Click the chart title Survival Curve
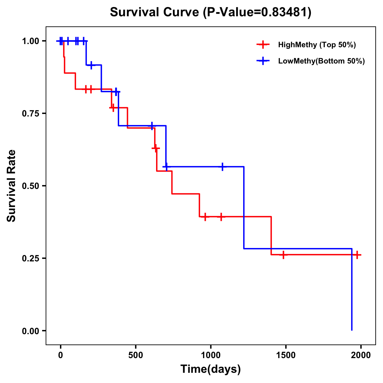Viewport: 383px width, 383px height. click(x=210, y=12)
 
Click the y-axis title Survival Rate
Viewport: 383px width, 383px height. click(x=11, y=186)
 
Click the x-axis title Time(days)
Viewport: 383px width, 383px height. click(x=211, y=369)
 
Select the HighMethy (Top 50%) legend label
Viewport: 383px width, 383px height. click(x=317, y=45)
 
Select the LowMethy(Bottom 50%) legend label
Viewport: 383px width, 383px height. click(x=321, y=61)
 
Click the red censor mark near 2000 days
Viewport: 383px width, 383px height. click(x=357, y=255)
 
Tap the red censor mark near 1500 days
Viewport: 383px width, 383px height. click(x=283, y=255)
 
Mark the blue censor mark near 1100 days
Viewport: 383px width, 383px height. click(x=222, y=167)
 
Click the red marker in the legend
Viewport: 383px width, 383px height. click(x=263, y=45)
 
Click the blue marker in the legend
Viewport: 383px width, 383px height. click(x=263, y=61)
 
